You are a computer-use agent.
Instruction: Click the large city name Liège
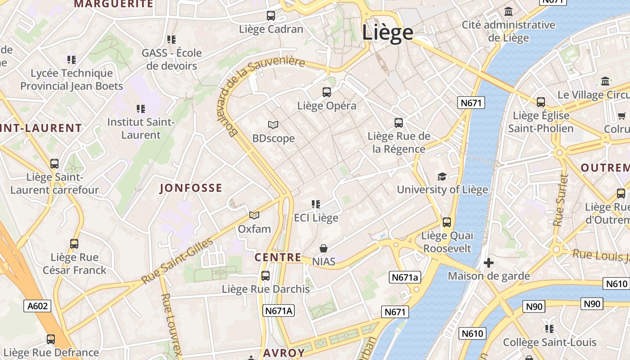pyautogui.click(x=387, y=32)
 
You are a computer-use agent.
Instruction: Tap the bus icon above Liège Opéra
pyautogui.click(x=327, y=92)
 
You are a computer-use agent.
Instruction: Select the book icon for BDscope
pyautogui.click(x=273, y=125)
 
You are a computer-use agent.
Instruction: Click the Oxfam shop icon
pyautogui.click(x=254, y=215)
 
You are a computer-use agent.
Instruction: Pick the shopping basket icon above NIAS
pyautogui.click(x=324, y=248)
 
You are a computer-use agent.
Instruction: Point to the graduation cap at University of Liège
pyautogui.click(x=442, y=176)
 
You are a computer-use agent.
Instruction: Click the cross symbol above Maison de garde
pyautogui.click(x=489, y=262)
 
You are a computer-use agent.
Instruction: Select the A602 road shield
pyautogui.click(x=37, y=306)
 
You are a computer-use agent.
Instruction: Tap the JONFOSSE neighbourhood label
pyautogui.click(x=191, y=188)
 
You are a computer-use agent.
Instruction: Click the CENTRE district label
pyautogui.click(x=278, y=257)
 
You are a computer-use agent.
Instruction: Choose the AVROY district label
pyautogui.click(x=284, y=353)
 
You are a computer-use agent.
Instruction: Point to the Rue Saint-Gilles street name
pyautogui.click(x=178, y=261)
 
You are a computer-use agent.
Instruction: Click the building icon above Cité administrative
pyautogui.click(x=508, y=11)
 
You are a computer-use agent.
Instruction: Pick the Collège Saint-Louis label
pyautogui.click(x=549, y=342)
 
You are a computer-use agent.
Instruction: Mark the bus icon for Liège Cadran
pyautogui.click(x=271, y=16)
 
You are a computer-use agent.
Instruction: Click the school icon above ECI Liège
pyautogui.click(x=316, y=204)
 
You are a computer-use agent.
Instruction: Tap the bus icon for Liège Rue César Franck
pyautogui.click(x=74, y=244)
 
